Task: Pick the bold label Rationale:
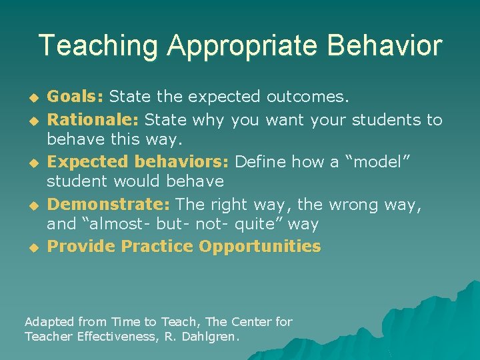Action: [x=93, y=120]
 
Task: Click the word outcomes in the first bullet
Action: [x=307, y=97]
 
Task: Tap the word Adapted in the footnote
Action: [x=49, y=322]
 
